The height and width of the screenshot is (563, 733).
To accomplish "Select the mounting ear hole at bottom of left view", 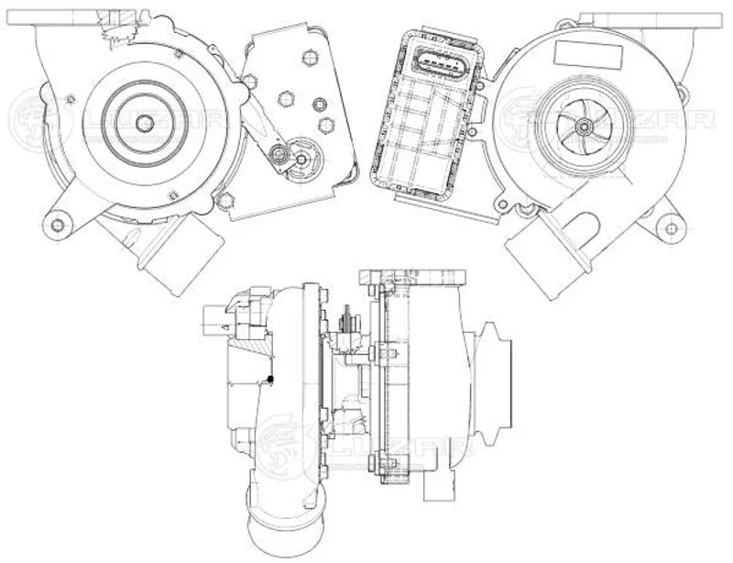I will [x=57, y=225].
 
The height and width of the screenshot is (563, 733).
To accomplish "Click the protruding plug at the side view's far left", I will [x=214, y=321].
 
